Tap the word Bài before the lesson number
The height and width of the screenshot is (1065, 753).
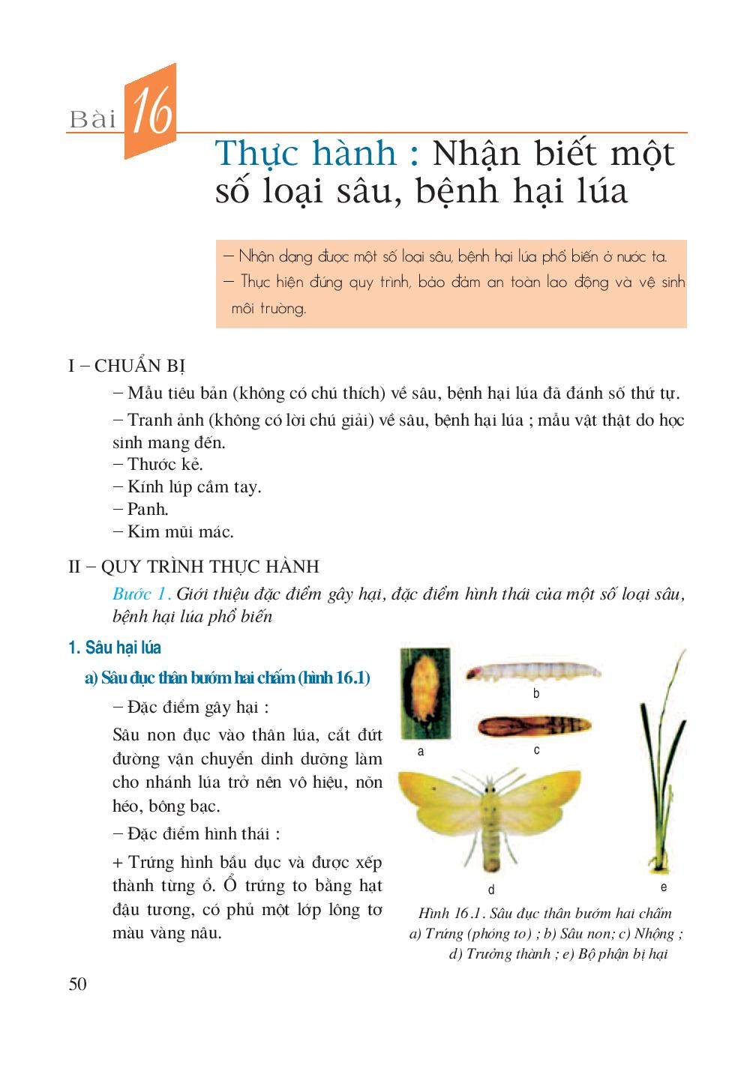coord(93,119)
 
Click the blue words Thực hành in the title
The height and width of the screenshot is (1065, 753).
coord(306,154)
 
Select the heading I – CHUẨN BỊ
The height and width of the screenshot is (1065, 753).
coord(127,366)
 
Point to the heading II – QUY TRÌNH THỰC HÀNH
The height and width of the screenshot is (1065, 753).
coord(193,566)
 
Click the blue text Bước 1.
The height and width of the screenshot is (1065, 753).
coord(142,594)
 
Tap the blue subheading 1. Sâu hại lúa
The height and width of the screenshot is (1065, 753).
coord(115,648)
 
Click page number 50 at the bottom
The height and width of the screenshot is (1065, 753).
coord(77,984)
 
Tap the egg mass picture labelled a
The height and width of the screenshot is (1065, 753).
coord(426,693)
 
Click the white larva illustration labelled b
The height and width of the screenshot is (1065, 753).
coord(533,670)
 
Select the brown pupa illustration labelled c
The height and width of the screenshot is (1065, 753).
coord(534,726)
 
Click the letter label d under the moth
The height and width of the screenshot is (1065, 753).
coord(491,890)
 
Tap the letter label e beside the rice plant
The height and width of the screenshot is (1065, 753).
coord(663,887)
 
